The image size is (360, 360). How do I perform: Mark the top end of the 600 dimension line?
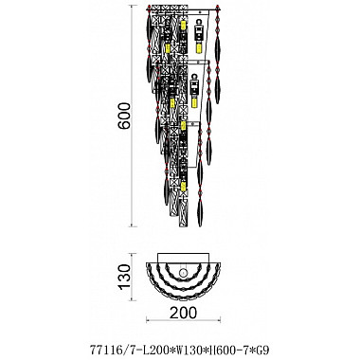[134, 9]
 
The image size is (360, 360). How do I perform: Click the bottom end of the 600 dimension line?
[134, 224]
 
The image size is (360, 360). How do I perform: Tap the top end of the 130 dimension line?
[134, 254]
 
